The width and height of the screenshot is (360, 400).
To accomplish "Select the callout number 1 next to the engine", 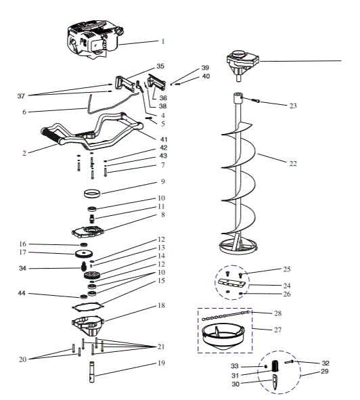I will tap(162, 41).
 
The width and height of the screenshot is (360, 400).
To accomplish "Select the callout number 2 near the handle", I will tap(24, 153).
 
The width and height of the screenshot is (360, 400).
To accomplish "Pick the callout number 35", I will tap(160, 67).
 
